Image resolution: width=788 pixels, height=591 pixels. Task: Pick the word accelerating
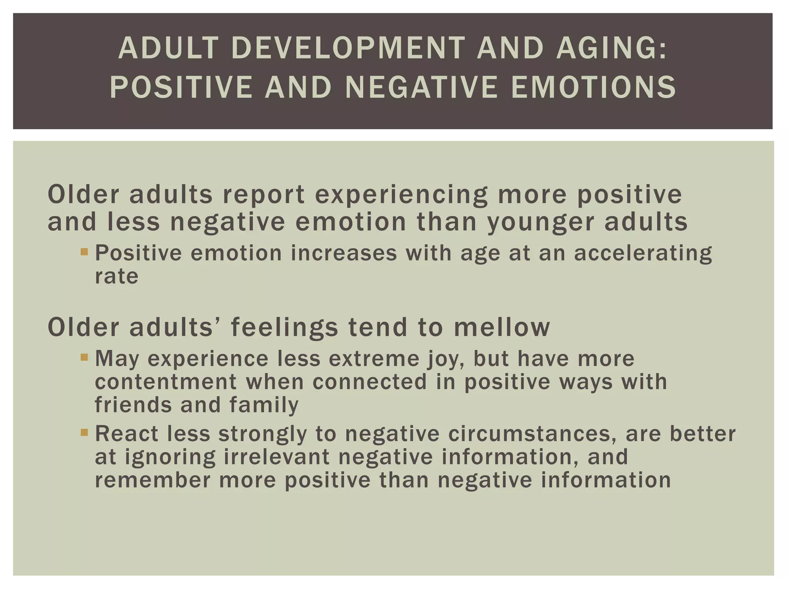(643, 254)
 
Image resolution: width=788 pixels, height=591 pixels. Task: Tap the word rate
(116, 276)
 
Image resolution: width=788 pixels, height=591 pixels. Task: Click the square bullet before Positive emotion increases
(85, 252)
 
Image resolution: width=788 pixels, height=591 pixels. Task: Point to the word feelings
(284, 328)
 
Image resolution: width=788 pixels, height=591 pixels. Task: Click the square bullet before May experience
(85, 357)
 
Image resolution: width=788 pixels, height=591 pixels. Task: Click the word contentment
(166, 382)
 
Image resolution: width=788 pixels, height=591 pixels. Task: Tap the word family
(264, 406)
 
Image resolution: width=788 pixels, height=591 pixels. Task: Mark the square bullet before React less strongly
(85, 432)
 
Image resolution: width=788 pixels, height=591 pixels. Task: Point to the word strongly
(263, 434)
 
